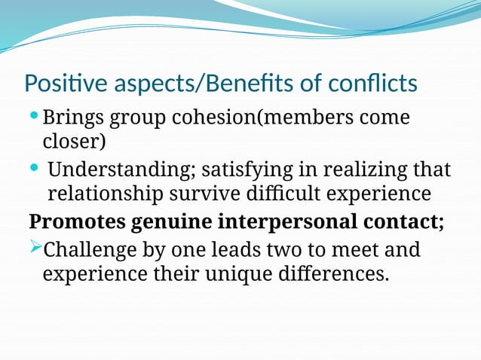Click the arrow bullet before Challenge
point(35,246)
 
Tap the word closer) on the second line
point(74,142)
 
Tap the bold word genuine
point(171,224)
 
